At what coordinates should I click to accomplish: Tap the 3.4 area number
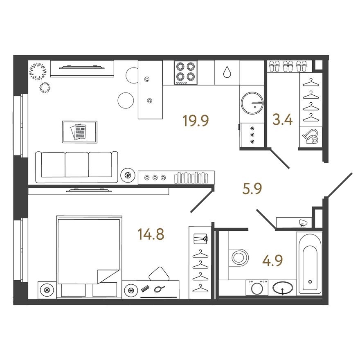282,121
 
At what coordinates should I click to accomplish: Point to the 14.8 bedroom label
151,235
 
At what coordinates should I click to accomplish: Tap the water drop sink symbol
227,72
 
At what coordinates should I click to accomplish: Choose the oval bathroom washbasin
283,288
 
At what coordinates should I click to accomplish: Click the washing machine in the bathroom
257,287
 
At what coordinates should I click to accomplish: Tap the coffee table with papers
79,132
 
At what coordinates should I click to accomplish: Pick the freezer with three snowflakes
252,135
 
